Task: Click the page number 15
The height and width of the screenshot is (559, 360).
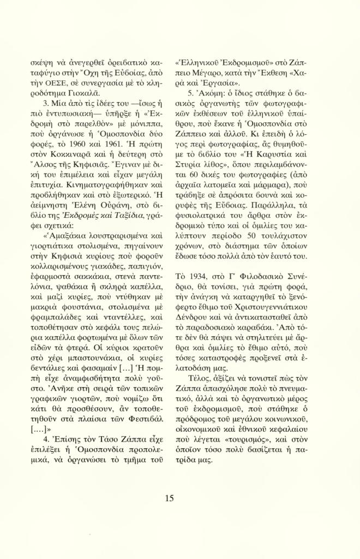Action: point(169,497)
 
